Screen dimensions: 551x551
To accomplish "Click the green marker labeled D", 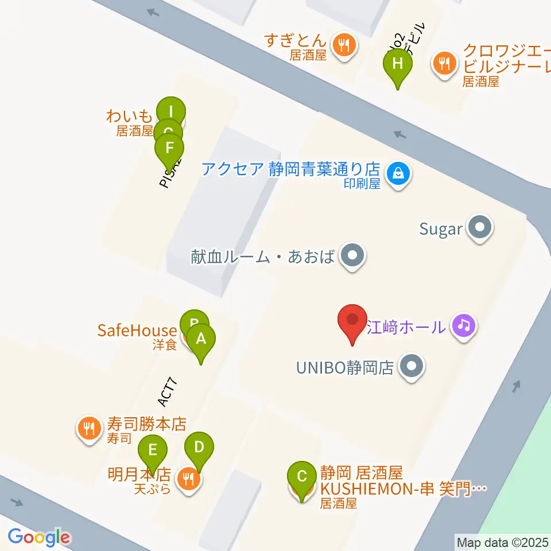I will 199,447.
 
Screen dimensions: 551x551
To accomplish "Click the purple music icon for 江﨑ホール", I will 464,327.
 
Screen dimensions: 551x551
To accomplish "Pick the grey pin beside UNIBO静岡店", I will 411,366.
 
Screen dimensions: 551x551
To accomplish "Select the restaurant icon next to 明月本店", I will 188,478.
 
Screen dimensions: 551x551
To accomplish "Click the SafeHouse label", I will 137,331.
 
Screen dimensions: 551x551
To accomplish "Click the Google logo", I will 39,537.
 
